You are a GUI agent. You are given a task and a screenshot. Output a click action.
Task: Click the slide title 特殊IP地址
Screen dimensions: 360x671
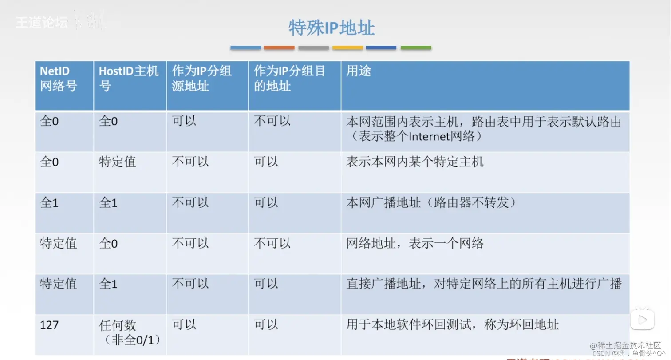coord(332,28)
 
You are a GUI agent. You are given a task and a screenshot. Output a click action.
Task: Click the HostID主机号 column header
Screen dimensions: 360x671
coord(128,79)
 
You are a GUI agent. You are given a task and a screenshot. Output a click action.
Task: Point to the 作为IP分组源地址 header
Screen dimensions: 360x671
coord(202,79)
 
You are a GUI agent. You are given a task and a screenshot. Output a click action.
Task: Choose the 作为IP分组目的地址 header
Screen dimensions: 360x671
coord(289,79)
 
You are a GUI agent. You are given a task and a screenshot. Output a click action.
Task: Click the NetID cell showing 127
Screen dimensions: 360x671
coord(49,325)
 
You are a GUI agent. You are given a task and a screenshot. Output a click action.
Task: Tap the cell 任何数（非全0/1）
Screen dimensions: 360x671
coord(129,332)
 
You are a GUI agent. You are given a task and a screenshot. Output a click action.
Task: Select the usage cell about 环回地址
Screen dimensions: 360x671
coord(452,325)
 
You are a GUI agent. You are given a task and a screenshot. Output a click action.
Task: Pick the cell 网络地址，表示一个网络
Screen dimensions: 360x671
coord(415,243)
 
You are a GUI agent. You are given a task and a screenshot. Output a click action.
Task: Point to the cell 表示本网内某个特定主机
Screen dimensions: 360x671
coord(415,162)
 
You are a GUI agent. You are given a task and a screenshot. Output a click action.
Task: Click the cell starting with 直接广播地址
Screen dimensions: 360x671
coord(484,284)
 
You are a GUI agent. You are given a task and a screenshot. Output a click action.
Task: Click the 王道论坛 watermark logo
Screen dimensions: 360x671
coord(42,23)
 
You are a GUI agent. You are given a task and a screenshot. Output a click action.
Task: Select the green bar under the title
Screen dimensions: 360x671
coord(416,47)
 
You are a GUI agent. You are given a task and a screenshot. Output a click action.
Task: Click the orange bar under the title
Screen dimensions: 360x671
coord(279,47)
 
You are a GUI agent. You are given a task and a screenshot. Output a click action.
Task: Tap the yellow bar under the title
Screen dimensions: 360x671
coord(347,47)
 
